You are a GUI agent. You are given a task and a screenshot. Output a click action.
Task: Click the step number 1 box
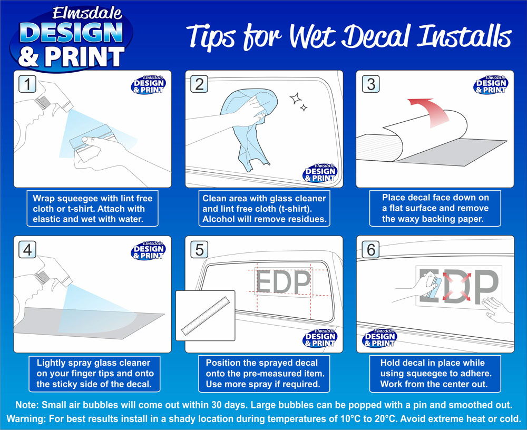click(x=27, y=84)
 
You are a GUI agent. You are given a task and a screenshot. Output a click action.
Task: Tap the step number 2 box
click(x=199, y=84)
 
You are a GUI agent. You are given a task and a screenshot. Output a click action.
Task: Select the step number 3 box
click(x=370, y=84)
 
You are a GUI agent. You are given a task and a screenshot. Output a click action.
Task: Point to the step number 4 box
click(x=27, y=250)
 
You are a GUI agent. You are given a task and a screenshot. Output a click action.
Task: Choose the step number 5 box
click(x=199, y=250)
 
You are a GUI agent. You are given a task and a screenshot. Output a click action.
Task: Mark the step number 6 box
click(x=370, y=250)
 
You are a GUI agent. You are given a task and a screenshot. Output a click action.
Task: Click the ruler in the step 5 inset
click(x=206, y=316)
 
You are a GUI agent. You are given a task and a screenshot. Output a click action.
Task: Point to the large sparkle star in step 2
click(x=296, y=99)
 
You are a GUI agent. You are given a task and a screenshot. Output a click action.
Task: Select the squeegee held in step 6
click(x=434, y=287)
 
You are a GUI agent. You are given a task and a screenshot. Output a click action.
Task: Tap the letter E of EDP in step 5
click(x=265, y=282)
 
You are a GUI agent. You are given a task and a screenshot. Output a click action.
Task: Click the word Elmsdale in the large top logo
click(x=87, y=14)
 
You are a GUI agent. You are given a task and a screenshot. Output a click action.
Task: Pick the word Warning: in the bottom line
click(x=26, y=419)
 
